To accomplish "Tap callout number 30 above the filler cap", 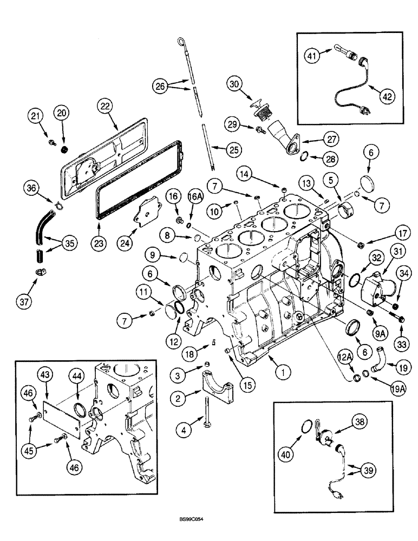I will [233, 85].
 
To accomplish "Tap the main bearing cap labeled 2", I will [217, 386].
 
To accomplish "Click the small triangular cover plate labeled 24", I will [147, 217].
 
